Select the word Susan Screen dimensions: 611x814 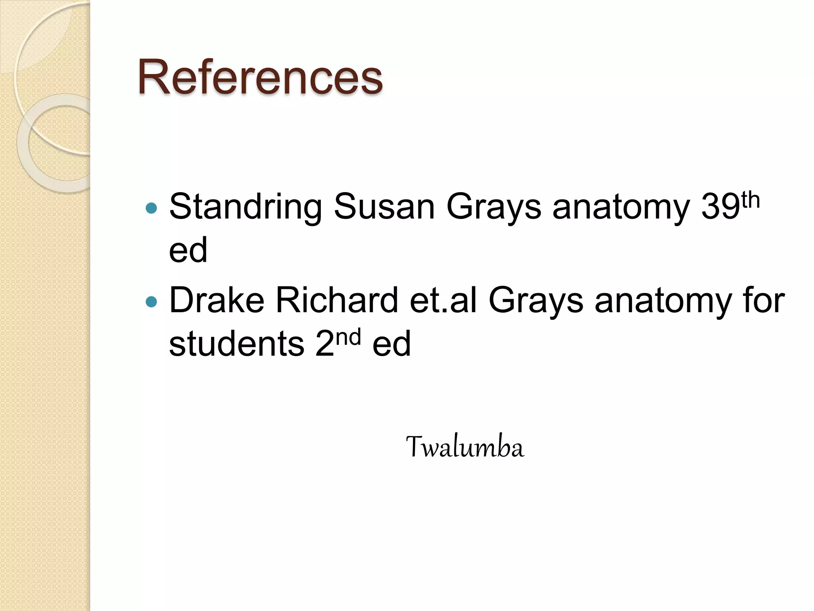(x=384, y=207)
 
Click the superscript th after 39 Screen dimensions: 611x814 (x=750, y=200)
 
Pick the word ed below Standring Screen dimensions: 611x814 (x=188, y=250)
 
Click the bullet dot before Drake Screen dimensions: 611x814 (x=151, y=302)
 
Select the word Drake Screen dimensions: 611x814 (x=217, y=300)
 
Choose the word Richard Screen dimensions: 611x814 (x=337, y=300)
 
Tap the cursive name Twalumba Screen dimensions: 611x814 (x=465, y=447)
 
